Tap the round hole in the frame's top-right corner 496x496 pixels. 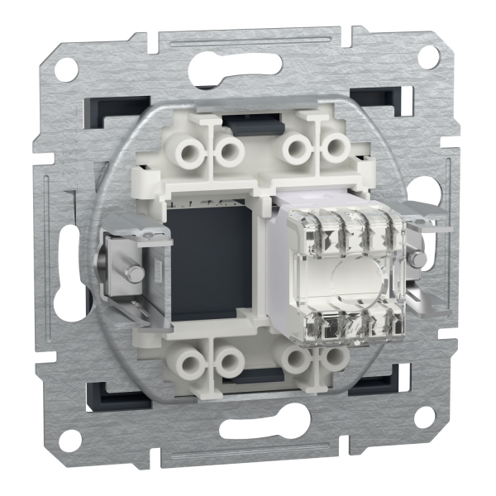click(428, 55)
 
